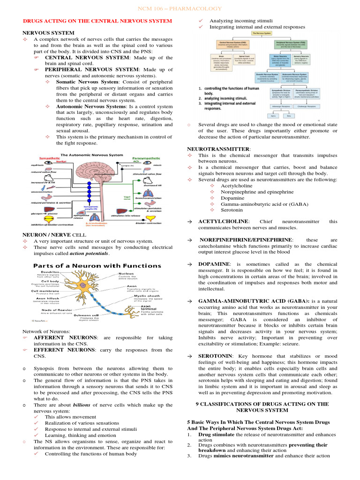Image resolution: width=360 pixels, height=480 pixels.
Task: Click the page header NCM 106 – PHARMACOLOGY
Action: click(x=180, y=9)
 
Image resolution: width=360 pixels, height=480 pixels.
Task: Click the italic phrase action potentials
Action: click(x=89, y=254)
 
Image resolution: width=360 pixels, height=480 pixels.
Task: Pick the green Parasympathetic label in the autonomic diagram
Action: click(x=146, y=158)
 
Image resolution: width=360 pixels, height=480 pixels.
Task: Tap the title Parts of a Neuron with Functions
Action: click(x=96, y=265)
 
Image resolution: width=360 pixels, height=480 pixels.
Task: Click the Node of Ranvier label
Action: click(x=56, y=310)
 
